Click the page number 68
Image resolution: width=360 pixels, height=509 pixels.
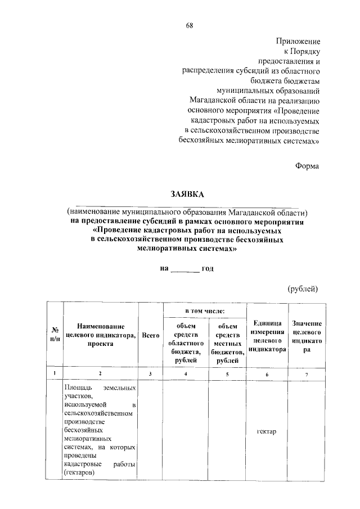(x=190, y=25)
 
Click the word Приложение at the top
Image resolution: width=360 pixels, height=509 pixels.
(x=298, y=42)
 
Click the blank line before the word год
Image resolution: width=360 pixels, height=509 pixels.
(x=184, y=269)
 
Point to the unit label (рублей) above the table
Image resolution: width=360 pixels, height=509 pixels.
(x=303, y=289)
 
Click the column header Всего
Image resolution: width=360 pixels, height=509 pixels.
(x=150, y=335)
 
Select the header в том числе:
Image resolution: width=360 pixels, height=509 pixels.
(x=205, y=311)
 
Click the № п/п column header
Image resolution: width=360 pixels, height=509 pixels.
(x=55, y=335)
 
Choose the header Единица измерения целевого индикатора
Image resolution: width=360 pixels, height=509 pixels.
(x=267, y=336)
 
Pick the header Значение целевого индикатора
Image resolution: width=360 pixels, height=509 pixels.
(x=307, y=336)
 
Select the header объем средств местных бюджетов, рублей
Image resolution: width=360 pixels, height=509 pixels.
(x=227, y=342)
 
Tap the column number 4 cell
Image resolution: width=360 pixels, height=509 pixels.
(x=185, y=374)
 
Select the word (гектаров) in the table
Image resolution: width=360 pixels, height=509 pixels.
(x=79, y=473)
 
